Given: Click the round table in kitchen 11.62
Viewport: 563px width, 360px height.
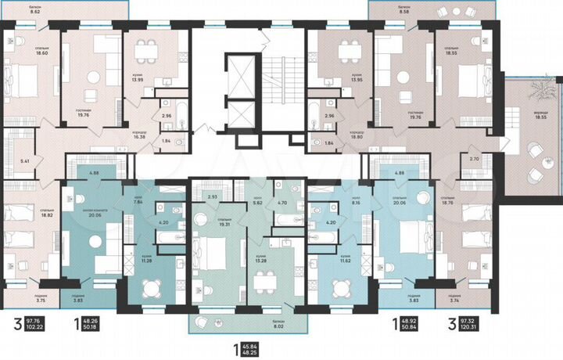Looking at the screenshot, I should (x=339, y=287).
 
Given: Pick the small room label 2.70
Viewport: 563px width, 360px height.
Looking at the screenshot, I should (x=473, y=159).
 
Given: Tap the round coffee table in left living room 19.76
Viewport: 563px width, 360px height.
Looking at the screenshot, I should (x=93, y=76).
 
